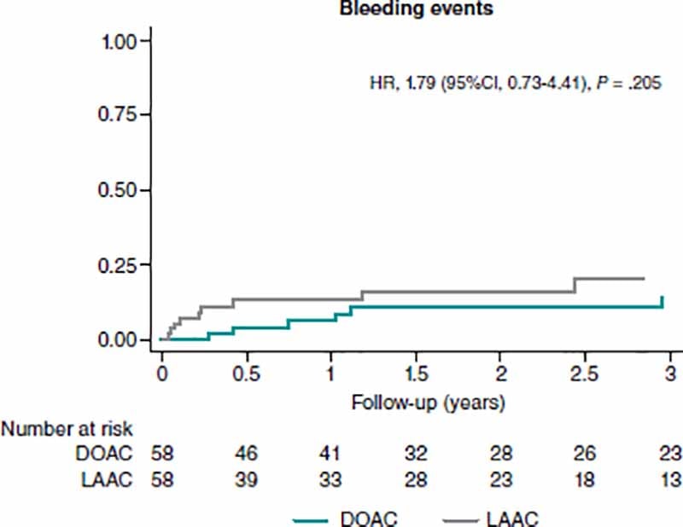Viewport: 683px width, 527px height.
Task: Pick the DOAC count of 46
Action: [x=246, y=454]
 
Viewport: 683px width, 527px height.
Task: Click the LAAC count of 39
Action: [x=246, y=480]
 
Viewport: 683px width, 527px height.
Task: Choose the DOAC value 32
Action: [x=416, y=454]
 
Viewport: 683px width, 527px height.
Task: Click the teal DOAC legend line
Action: [x=322, y=518]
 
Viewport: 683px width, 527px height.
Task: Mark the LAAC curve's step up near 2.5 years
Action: [x=575, y=285]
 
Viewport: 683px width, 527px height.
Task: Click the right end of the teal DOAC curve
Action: [x=663, y=298]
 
